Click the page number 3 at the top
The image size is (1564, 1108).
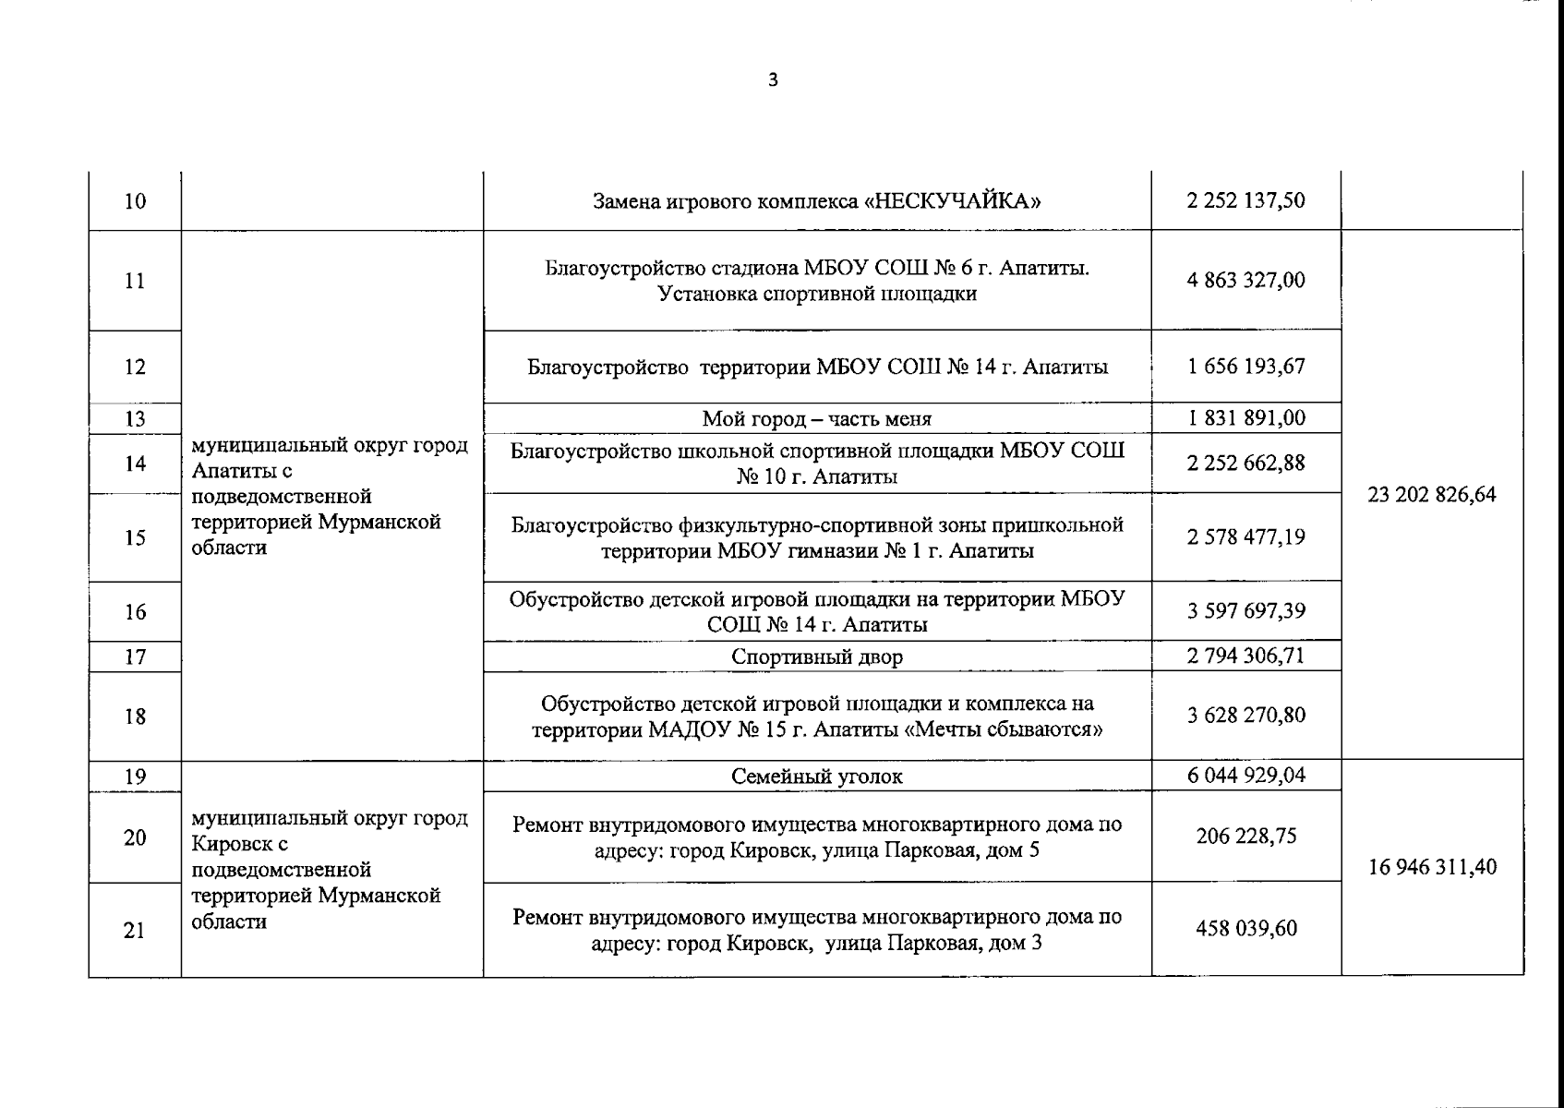coord(774,80)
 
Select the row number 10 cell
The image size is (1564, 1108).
coord(135,201)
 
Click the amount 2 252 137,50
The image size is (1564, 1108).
coord(1245,200)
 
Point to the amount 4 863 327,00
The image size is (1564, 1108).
coord(1245,280)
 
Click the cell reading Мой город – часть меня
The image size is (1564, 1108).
coord(816,419)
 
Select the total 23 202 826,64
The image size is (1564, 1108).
coord(1431,495)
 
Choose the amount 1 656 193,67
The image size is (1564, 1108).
coord(1245,366)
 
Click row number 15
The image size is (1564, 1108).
coord(135,537)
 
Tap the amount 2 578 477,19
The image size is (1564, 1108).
coord(1245,536)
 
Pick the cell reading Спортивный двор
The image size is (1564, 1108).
coord(816,657)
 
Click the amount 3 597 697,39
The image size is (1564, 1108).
coord(1245,610)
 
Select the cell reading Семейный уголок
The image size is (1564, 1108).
coord(816,777)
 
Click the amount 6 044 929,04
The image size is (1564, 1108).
coord(1245,776)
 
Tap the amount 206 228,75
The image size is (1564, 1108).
coord(1245,836)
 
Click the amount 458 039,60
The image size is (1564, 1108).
coord(1245,928)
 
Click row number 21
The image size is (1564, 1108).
coord(135,930)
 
